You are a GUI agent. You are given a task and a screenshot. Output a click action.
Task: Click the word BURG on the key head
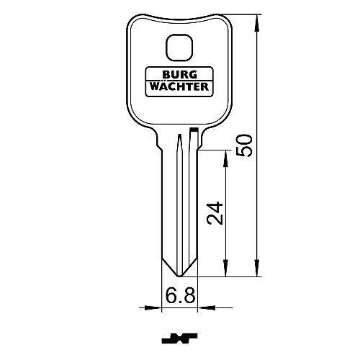180,75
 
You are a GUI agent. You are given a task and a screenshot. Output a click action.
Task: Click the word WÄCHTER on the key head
179,86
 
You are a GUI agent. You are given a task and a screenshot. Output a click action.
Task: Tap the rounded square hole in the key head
179,48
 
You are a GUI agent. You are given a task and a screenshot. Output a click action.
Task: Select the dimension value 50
245,145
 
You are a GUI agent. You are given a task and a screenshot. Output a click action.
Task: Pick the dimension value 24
215,213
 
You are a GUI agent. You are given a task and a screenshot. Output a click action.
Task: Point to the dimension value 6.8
180,295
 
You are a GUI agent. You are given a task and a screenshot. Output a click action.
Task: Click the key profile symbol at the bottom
179,338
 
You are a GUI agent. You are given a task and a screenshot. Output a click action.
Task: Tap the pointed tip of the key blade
179,276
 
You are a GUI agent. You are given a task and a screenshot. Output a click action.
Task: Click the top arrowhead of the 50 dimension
257,23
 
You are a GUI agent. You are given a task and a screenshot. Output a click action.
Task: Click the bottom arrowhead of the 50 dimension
257,269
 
